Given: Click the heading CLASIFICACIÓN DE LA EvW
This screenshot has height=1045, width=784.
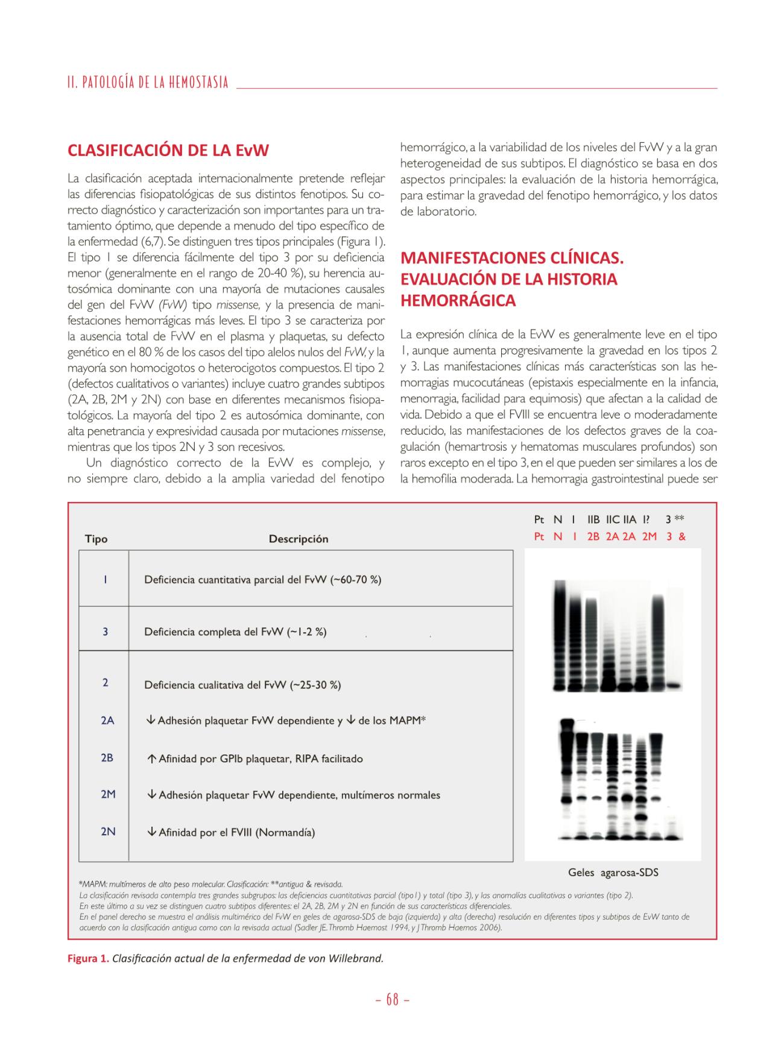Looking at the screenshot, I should pyautogui.click(x=168, y=150).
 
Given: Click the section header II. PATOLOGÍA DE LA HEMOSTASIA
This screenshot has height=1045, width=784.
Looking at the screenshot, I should pyautogui.click(x=148, y=83).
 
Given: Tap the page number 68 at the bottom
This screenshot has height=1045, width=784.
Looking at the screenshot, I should pyautogui.click(x=393, y=1000).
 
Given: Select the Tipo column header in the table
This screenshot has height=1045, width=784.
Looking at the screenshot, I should pyautogui.click(x=96, y=539).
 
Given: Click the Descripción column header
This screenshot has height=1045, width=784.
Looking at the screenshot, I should pyautogui.click(x=299, y=539).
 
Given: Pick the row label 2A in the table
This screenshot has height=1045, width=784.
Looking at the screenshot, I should pyautogui.click(x=107, y=720).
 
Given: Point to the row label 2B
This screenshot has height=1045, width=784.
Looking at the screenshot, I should pyautogui.click(x=107, y=758).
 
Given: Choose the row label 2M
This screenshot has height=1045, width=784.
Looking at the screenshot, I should pyautogui.click(x=108, y=794).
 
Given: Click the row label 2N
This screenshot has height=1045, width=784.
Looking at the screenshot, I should pyautogui.click(x=108, y=832).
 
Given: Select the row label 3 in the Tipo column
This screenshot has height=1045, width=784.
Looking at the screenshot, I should pyautogui.click(x=105, y=632).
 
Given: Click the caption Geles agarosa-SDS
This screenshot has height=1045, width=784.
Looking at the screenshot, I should pyautogui.click(x=613, y=872).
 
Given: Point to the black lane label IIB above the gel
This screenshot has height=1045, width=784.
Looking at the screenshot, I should pyautogui.click(x=593, y=519).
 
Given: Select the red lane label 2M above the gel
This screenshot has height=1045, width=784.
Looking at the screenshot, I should pyautogui.click(x=649, y=536).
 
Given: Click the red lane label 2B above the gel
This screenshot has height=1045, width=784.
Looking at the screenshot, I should pyautogui.click(x=593, y=536).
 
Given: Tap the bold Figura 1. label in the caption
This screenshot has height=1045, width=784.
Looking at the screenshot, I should pyautogui.click(x=89, y=958).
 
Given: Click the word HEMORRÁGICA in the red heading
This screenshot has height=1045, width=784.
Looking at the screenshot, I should pyautogui.click(x=458, y=301).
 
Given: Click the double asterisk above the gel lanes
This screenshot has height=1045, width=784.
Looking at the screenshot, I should pyautogui.click(x=680, y=518).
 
